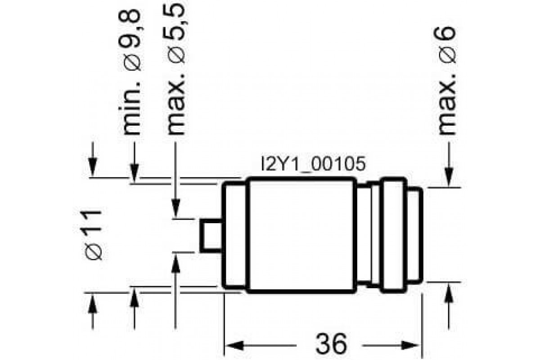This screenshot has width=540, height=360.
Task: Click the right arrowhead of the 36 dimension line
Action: (416, 345)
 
